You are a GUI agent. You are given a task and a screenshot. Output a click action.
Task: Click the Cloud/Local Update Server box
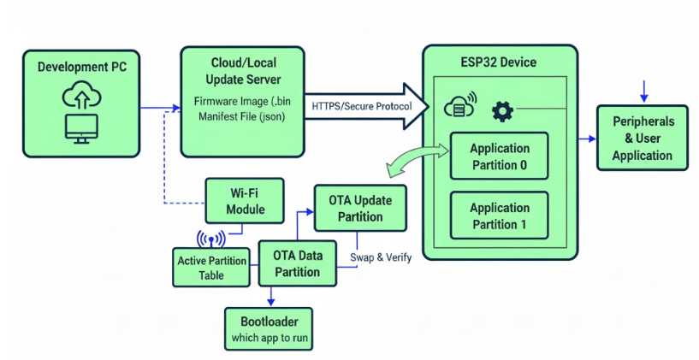(x=242, y=103)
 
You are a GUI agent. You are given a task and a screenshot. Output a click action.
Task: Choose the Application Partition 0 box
(x=499, y=156)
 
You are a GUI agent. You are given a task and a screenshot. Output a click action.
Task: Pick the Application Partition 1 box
(x=499, y=215)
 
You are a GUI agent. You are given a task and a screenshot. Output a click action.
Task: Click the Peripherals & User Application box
(x=642, y=138)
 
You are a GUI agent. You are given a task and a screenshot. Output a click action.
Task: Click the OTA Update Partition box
(x=359, y=208)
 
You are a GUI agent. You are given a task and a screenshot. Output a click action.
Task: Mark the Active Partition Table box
(x=211, y=268)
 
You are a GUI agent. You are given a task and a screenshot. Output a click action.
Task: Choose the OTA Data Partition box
(x=296, y=263)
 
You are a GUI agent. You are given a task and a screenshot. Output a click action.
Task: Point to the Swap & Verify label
(x=381, y=256)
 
